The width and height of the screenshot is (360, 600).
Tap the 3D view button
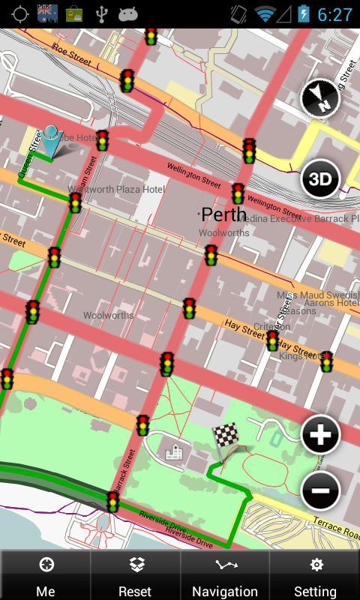point(320,179)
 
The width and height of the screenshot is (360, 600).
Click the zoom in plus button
point(320,435)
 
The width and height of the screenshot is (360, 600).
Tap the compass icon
point(320,99)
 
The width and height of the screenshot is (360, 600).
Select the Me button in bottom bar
point(45,575)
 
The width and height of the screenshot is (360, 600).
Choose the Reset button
point(135,575)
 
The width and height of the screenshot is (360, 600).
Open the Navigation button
point(225,575)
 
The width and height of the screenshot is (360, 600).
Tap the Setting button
point(315,575)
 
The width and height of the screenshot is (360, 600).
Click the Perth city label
point(223,214)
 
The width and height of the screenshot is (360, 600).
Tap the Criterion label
point(271,327)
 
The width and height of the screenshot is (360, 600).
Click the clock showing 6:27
point(334,14)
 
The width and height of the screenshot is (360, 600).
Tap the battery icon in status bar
point(303,14)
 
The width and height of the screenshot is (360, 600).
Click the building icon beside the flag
point(174,450)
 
